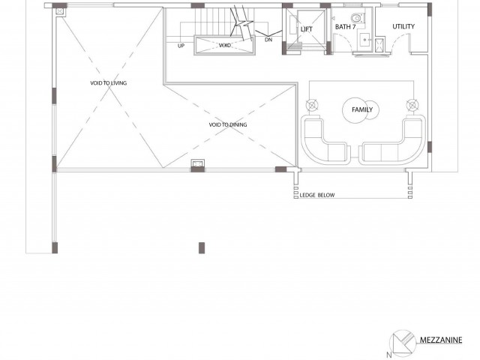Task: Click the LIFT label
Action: pos(307,29)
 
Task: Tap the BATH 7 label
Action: pos(345,27)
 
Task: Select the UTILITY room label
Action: pos(403,27)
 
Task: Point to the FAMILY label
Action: pos(362,109)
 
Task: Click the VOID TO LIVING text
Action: pos(108,83)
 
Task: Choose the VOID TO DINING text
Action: pos(228,124)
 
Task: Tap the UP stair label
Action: pos(181,46)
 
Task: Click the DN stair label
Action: pos(268,40)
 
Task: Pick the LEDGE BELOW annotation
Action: pos(317,195)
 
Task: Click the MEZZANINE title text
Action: pos(441,340)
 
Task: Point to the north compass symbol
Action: pos(403,342)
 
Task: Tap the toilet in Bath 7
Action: pos(357,18)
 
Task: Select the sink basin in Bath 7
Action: pos(365,40)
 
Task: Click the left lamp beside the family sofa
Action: pos(312,105)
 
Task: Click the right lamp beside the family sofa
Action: pos(412,105)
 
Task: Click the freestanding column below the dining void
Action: pos(202,248)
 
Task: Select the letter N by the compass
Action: pos(389,355)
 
